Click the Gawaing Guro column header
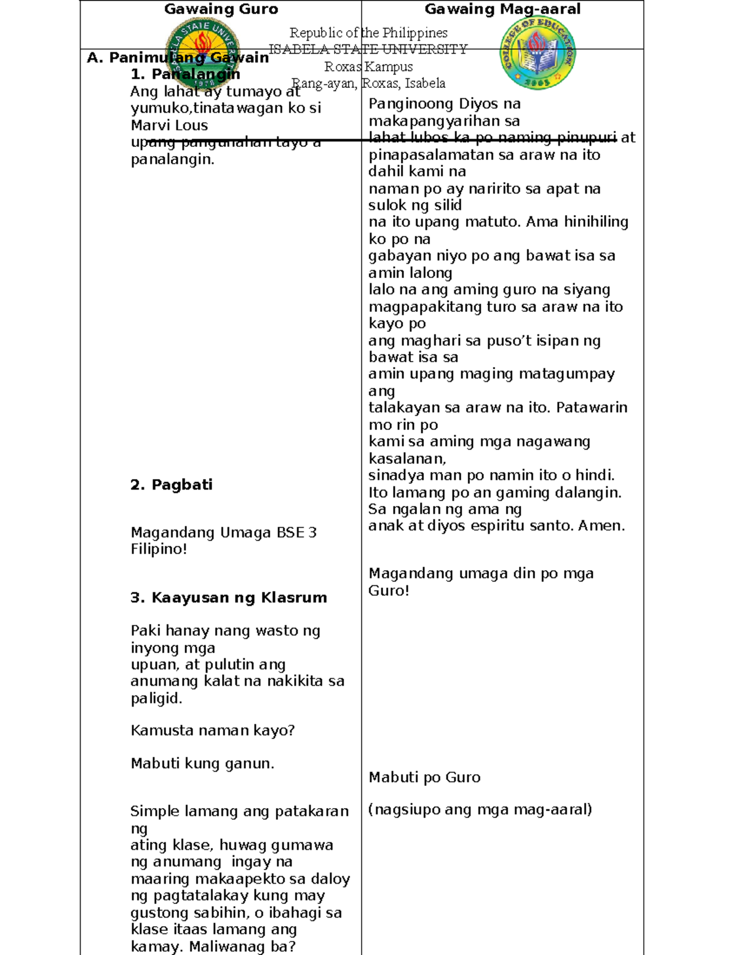221,9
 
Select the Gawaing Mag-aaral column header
502,9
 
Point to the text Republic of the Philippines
368,33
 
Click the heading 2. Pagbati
171,485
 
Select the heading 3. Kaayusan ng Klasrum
228,598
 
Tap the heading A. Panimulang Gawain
178,58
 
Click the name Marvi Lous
169,125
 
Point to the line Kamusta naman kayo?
213,731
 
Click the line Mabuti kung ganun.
202,764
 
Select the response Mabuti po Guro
424,777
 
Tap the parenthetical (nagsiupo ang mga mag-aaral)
480,810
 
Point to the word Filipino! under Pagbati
159,549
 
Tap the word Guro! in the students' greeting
389,591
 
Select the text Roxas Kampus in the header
368,66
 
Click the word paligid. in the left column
156,699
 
